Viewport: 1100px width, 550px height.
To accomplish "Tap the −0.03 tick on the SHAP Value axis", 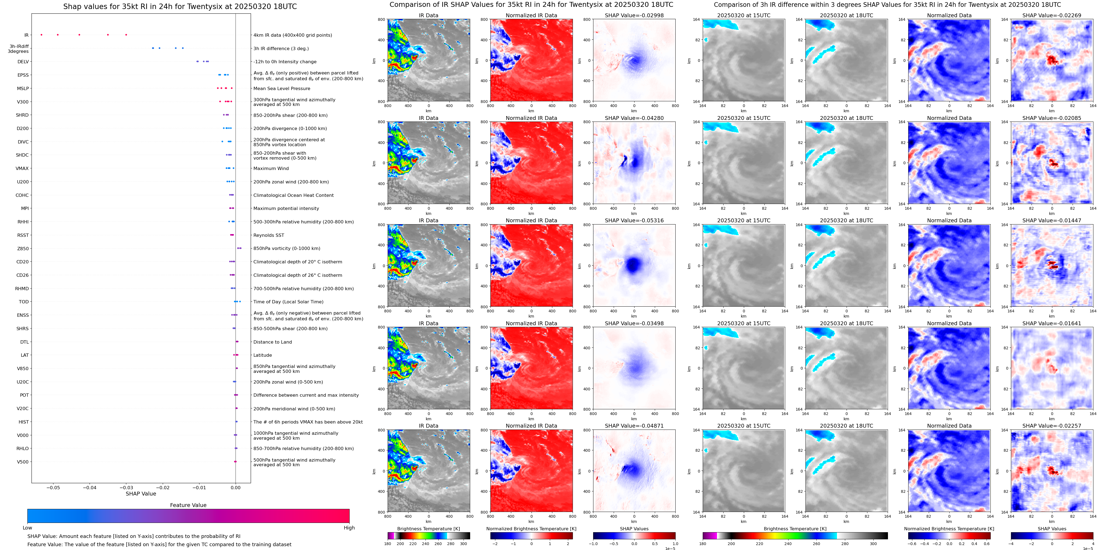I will pos(126,487).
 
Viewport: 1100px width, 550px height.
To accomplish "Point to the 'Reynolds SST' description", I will pos(268,235).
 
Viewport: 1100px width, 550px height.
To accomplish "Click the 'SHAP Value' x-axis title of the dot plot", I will pos(141,494).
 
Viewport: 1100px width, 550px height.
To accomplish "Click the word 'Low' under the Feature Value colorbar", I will pos(27,528).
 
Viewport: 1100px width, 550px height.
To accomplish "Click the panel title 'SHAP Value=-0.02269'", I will pos(1052,15).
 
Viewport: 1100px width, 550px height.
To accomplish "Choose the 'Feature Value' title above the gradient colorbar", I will pos(188,505).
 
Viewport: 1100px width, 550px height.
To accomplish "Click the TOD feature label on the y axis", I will pos(24,302).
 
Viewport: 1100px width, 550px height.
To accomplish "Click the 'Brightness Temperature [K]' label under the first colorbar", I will pos(428,529).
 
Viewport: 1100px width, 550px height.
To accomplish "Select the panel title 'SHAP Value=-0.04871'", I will pos(634,426).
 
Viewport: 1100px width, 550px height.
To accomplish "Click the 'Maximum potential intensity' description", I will pos(286,209).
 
